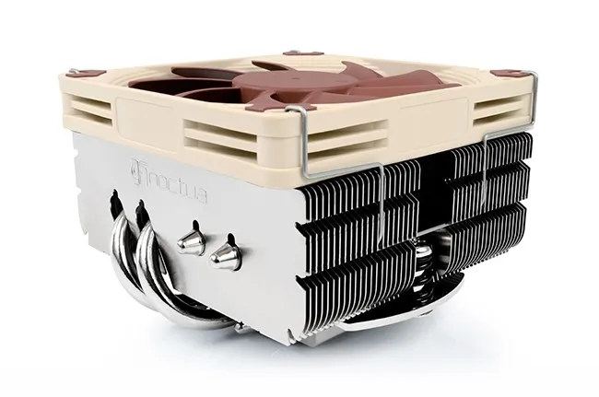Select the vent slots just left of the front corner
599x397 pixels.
[235, 138]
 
